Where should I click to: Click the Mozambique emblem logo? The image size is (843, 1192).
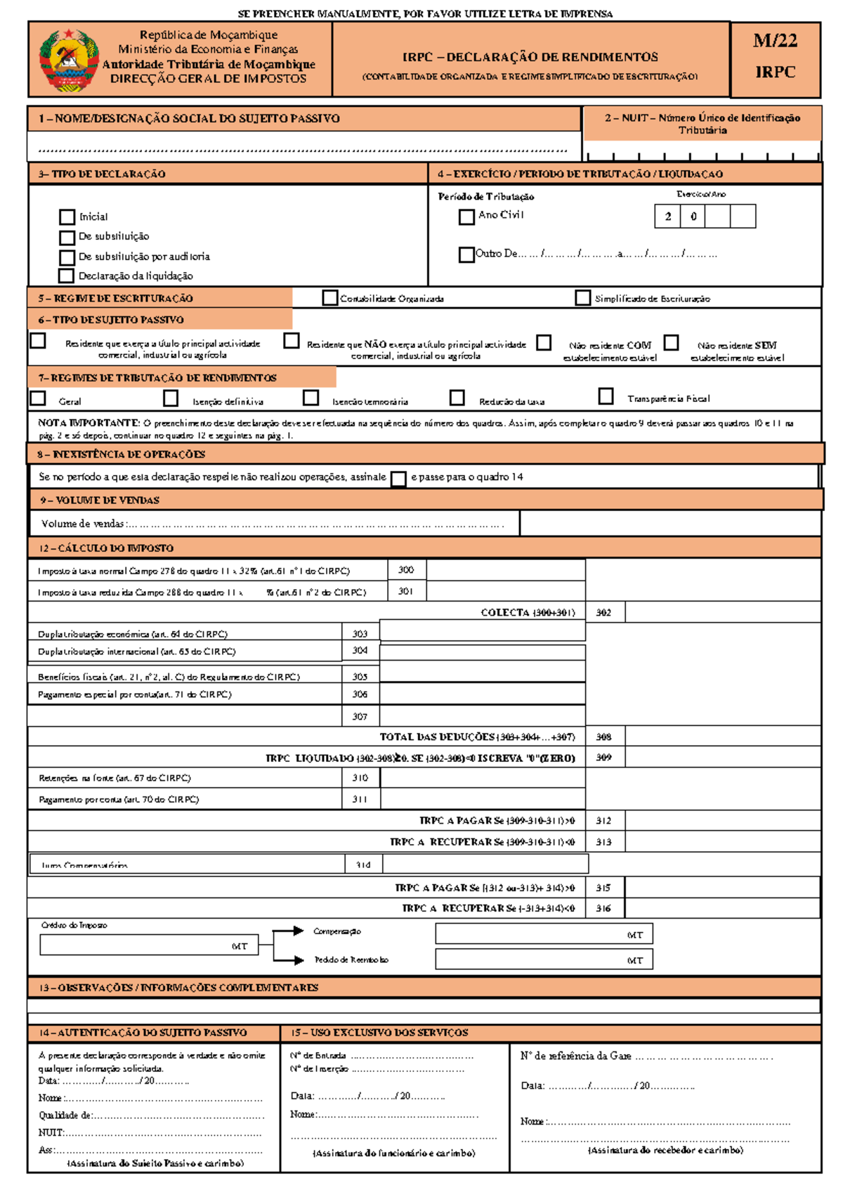(x=68, y=60)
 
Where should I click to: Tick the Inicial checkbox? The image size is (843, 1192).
(x=67, y=217)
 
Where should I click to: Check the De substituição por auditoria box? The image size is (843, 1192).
(x=67, y=257)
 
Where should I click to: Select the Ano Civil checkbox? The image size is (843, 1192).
(x=466, y=217)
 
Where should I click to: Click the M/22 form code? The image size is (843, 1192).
(x=775, y=41)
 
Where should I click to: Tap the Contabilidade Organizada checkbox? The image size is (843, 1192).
(x=329, y=298)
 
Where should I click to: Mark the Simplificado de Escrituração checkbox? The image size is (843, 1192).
(x=582, y=298)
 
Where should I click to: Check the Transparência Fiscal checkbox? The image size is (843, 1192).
(x=606, y=396)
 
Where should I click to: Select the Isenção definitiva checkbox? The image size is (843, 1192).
(x=171, y=399)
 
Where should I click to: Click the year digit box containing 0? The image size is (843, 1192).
(x=693, y=216)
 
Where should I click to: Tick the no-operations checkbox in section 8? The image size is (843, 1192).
(x=398, y=479)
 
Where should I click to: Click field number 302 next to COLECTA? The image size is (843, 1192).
(x=603, y=613)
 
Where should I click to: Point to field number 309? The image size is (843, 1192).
(x=603, y=758)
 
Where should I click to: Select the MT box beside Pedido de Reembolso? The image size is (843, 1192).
(x=544, y=959)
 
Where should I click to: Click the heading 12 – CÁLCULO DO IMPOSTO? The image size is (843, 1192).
(x=106, y=548)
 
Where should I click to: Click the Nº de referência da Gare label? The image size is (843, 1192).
(x=575, y=1056)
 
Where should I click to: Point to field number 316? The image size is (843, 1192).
(x=603, y=909)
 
